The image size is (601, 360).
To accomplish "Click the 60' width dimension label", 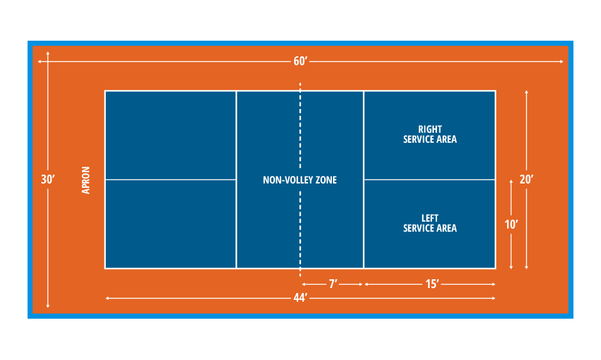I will click(x=300, y=61).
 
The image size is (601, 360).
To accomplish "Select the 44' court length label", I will click(x=300, y=299).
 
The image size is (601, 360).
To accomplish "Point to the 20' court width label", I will click(x=526, y=179).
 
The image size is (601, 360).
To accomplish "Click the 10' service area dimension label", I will click(x=511, y=224).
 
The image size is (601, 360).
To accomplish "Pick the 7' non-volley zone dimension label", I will click(x=333, y=284).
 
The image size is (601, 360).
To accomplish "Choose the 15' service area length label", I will click(x=431, y=284).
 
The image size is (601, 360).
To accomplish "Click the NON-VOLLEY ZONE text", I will click(x=300, y=180).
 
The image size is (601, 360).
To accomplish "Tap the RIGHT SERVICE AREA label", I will click(x=430, y=135).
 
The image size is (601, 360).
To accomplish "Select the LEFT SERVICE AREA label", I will click(x=430, y=224).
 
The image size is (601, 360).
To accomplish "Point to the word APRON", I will click(x=86, y=180).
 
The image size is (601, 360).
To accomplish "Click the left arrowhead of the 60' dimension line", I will click(x=40, y=61).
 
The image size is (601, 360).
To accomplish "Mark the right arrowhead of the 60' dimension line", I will click(x=562, y=61).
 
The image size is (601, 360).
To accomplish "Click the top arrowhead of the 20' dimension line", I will click(x=527, y=93).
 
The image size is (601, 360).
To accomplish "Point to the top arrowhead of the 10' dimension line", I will click(x=511, y=182).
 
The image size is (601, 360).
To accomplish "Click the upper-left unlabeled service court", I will click(x=170, y=135).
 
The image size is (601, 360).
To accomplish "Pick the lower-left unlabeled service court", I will click(x=170, y=224).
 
